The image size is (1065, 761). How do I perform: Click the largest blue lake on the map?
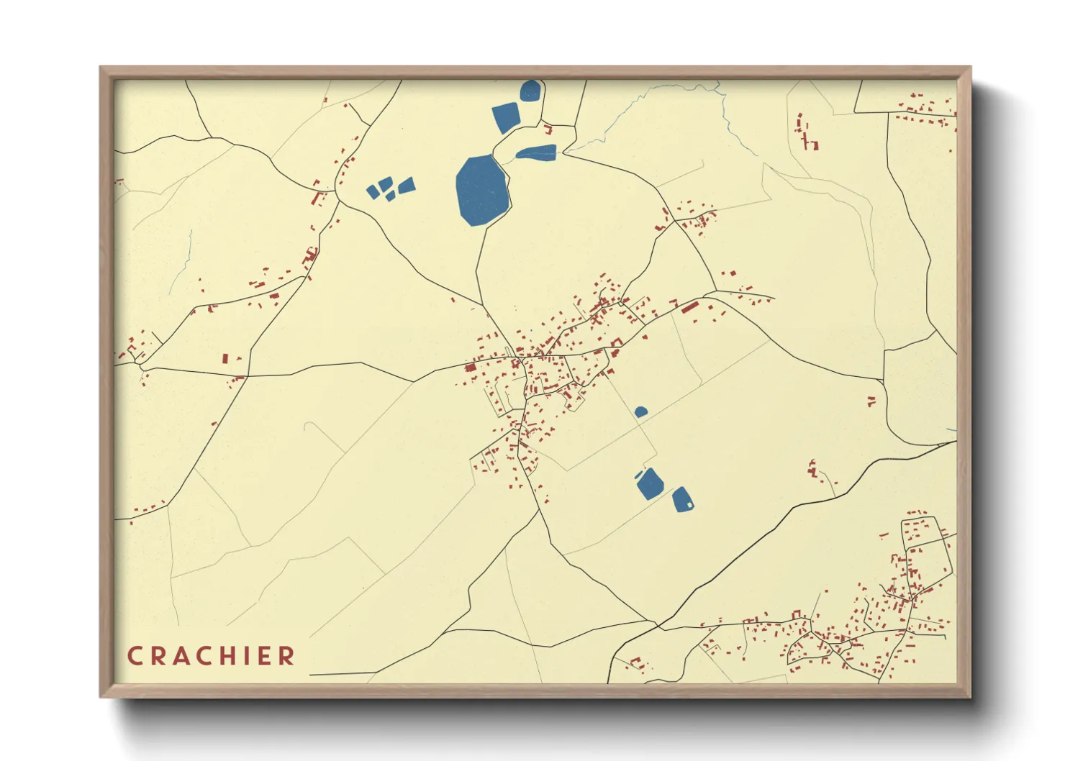click(481, 191)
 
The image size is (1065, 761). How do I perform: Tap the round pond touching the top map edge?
click(530, 91)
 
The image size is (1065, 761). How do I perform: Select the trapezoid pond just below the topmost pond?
click(506, 117)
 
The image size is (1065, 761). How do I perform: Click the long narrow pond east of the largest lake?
click(536, 152)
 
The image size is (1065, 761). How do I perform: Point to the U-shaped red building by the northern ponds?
click(548, 130)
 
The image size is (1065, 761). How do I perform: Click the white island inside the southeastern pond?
click(689, 505)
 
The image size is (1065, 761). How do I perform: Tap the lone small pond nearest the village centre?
click(640, 411)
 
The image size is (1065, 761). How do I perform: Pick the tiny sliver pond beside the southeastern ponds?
click(638, 474)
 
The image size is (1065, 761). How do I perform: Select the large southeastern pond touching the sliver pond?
click(650, 483)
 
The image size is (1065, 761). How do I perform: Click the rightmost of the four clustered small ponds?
click(407, 186)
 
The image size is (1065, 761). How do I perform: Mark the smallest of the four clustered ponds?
click(389, 196)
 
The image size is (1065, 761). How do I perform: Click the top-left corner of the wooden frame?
click(101, 68)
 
